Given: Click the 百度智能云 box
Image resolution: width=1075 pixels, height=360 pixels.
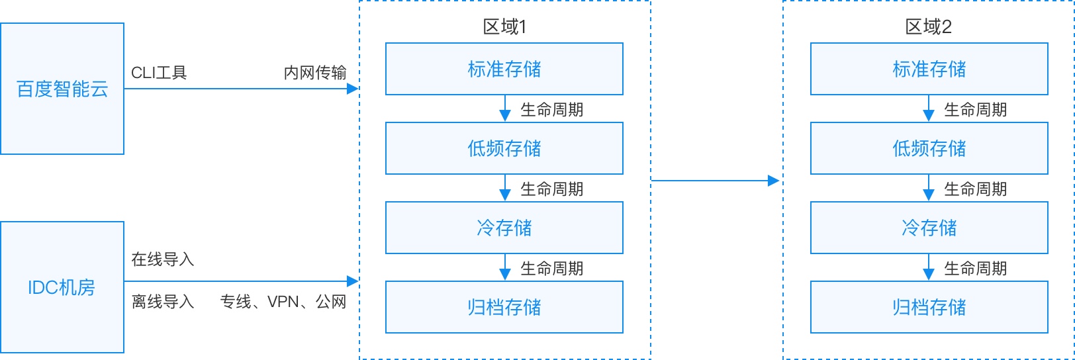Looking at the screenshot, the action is pos(62,89).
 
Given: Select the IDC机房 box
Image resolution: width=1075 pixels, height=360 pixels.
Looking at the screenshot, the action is pos(62,287).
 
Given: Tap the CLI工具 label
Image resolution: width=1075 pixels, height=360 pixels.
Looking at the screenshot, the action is pos(159,73).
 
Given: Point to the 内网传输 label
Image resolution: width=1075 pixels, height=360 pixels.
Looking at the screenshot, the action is pos(315,73).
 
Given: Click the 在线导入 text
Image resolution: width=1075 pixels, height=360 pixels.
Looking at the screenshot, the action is pos(163,259).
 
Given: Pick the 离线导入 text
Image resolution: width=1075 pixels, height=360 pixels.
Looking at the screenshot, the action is pos(163,302).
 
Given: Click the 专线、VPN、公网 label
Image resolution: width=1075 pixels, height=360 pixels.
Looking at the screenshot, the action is pos(283,302).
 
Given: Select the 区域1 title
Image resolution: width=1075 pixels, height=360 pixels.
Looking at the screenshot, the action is pos(504,27).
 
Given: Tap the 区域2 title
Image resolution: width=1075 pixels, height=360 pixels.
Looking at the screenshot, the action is pos(929,27).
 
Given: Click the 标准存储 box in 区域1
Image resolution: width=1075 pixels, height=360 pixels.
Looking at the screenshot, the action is pos(504,69).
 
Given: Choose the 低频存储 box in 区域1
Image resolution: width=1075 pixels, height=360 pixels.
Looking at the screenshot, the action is pos(504,148).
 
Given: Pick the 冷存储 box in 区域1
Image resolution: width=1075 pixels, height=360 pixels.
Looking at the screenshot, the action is pos(504,228).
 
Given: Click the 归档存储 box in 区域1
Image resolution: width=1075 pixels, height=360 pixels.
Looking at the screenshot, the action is pos(504,307).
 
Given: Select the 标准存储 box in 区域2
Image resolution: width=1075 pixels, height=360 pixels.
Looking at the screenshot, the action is pos(929,69).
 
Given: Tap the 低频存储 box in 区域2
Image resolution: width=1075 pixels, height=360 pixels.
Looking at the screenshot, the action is pos(929,148).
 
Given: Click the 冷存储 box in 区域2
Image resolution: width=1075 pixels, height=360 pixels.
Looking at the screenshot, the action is pos(929,228).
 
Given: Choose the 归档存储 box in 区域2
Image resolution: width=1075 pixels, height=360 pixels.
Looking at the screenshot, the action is pos(929,307).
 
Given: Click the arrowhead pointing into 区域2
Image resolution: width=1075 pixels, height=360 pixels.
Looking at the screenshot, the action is pos(774,181).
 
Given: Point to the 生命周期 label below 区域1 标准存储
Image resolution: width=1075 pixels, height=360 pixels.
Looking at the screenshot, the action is pos(552,109).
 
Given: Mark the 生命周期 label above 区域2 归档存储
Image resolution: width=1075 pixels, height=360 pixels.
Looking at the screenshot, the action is pos(976,268).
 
